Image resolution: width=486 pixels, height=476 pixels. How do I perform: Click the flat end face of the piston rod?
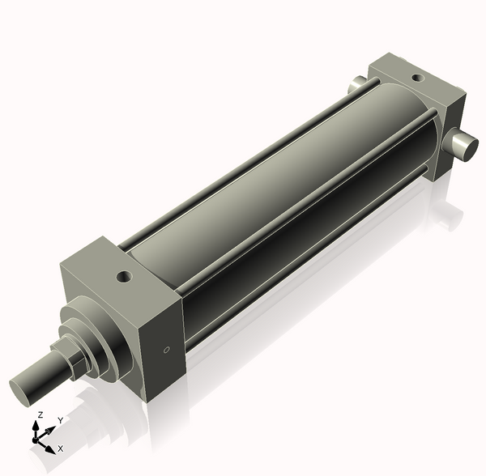pos(24,385)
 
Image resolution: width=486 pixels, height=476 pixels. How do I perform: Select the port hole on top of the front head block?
pos(124,277)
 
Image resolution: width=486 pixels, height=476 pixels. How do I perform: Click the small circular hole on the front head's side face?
pos(167,351)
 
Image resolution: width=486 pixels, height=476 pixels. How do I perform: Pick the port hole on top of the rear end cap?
pos(417,79)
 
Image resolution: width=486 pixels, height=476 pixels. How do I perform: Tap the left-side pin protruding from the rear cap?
pos(357,84)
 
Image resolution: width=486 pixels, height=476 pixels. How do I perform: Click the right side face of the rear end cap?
pos(454,130)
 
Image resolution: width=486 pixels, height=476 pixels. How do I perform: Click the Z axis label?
pos(39,415)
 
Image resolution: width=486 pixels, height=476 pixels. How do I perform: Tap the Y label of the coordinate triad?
pos(61,421)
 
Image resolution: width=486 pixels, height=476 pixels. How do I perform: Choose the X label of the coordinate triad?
pos(61,448)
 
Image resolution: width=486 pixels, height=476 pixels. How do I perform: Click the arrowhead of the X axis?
pos(51,447)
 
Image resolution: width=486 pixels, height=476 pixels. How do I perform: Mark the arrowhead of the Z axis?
pos(38,425)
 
